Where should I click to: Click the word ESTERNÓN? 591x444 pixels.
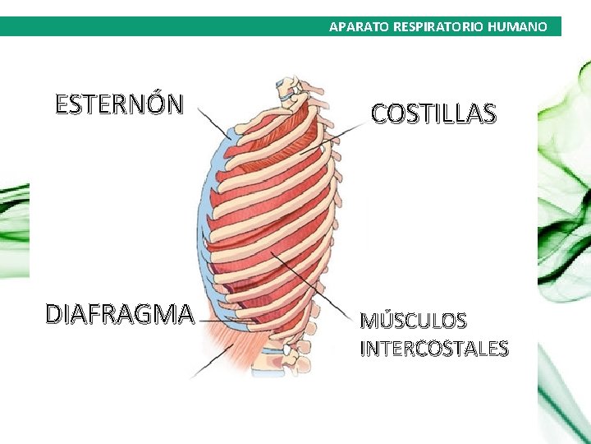coord(119,105)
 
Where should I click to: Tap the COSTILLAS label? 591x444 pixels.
coord(433,113)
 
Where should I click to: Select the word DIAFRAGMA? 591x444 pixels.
coord(120,314)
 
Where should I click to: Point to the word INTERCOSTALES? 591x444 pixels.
coord(434,349)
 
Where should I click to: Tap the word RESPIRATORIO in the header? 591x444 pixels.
coord(438,27)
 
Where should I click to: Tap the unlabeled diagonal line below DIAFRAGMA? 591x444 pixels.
coord(211,362)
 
